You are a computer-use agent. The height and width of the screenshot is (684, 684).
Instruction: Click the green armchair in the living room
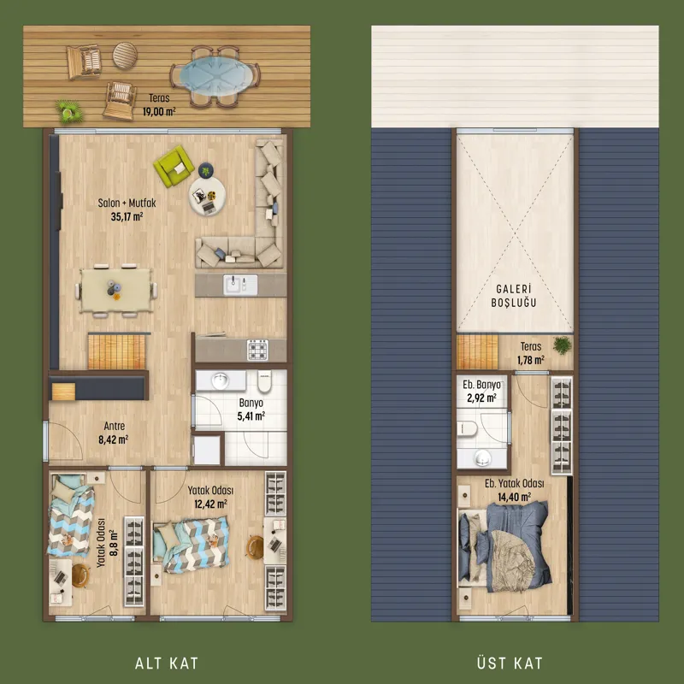click(174, 166)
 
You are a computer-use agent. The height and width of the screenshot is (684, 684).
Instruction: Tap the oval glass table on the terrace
click(216, 75)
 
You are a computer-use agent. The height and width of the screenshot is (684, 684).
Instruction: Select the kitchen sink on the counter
click(240, 285)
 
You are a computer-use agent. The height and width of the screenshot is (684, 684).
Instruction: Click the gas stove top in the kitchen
click(258, 350)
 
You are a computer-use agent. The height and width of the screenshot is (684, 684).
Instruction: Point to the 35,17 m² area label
click(127, 216)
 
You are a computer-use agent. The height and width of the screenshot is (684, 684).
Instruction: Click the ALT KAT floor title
click(167, 663)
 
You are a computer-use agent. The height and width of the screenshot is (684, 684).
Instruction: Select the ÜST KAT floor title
click(510, 663)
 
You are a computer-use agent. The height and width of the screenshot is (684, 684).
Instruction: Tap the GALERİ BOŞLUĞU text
click(514, 296)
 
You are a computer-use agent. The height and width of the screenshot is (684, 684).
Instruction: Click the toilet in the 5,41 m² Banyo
click(265, 382)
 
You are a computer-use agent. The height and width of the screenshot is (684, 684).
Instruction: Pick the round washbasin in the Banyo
click(221, 380)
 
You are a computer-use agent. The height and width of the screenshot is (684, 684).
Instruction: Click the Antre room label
click(115, 426)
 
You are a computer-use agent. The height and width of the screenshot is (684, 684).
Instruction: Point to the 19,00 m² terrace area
click(159, 112)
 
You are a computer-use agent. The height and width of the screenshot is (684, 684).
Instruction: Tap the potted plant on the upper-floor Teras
click(563, 345)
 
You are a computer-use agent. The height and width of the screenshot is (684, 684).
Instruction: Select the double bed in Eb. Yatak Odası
click(505, 546)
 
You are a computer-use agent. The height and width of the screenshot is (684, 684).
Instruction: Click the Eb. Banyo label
click(481, 385)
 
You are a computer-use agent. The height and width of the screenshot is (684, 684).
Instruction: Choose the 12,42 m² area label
click(210, 504)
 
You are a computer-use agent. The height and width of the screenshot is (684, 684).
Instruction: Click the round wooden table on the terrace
click(125, 56)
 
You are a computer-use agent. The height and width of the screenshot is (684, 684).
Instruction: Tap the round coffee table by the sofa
click(207, 197)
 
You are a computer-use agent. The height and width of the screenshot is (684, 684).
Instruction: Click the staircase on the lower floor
click(116, 351)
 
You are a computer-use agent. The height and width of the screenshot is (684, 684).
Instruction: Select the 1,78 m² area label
click(531, 360)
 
